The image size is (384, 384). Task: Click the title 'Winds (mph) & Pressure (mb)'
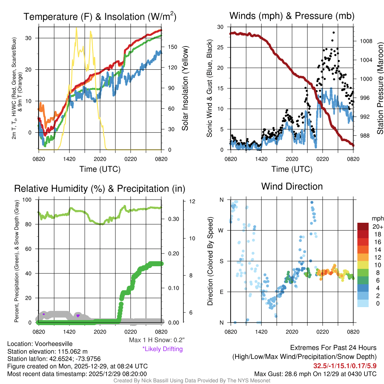[292, 16]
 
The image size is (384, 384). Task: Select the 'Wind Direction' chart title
[292, 186]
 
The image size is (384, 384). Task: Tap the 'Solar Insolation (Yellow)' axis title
[185, 88]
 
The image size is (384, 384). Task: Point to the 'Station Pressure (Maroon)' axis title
[379, 88]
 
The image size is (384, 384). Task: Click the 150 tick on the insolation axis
[173, 47]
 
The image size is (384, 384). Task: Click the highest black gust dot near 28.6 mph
[333, 33]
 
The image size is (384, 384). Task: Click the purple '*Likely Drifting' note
[162, 349]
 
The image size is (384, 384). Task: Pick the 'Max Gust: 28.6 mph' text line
[315, 374]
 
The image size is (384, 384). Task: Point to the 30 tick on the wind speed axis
[220, 27]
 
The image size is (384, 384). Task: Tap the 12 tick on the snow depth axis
[193, 201]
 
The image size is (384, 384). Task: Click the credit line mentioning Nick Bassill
[192, 381]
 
